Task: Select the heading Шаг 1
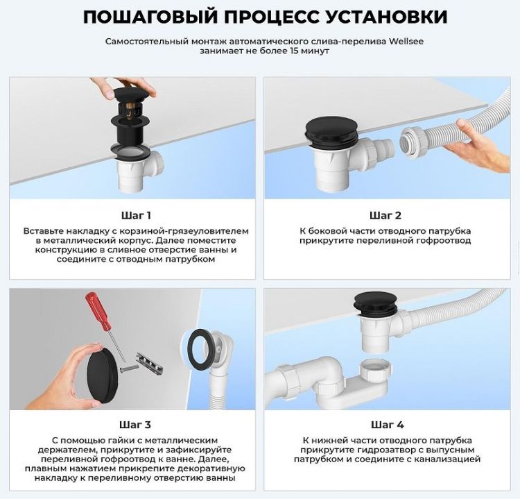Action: pyautogui.click(x=136, y=215)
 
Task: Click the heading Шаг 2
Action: pyautogui.click(x=385, y=215)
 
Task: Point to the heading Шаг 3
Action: pyautogui.click(x=136, y=424)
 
